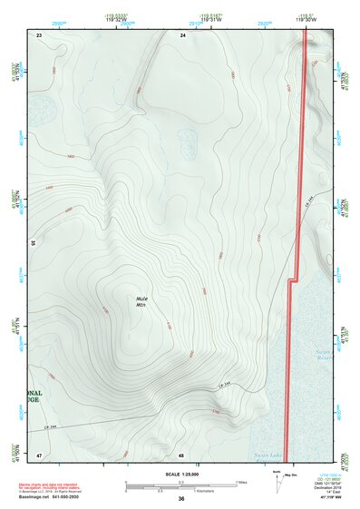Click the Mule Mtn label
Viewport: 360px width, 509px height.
click(x=141, y=301)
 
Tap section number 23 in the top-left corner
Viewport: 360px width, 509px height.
click(x=39, y=34)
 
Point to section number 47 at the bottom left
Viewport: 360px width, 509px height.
click(x=39, y=454)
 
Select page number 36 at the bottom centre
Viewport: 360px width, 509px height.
click(x=181, y=499)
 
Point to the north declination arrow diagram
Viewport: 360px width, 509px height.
click(x=277, y=480)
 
